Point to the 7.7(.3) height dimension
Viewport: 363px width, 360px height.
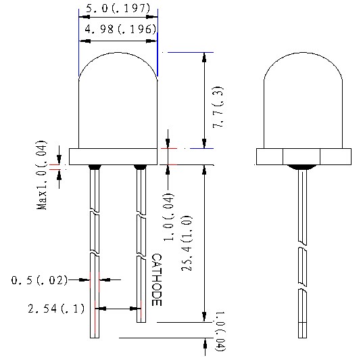[217, 107]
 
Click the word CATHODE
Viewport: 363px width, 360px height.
[156, 280]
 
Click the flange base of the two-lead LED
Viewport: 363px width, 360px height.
[118, 156]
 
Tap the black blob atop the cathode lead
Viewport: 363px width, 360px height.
[140, 166]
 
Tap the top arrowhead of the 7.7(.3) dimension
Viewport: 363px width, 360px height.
[204, 56]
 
